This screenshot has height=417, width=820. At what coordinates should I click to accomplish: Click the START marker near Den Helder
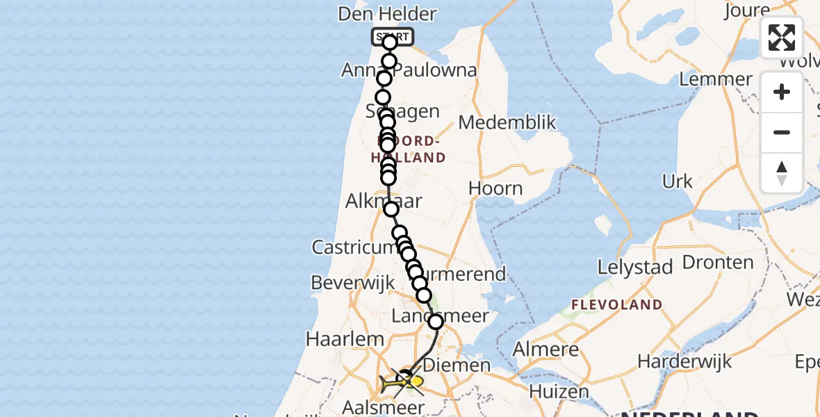[x=393, y=36]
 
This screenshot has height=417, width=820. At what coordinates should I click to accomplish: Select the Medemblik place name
[x=507, y=123]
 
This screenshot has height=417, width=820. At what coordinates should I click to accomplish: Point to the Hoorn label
[x=495, y=188]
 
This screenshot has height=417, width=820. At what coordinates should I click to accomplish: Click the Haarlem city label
[x=345, y=339]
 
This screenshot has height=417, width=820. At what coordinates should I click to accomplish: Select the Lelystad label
[x=635, y=268]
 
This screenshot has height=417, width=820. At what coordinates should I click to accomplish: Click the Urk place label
[x=678, y=182]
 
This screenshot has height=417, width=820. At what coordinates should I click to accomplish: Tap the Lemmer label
[x=716, y=79]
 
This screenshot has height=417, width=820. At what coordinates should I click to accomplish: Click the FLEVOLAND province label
[x=616, y=304]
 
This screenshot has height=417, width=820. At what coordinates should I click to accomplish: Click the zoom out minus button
[x=782, y=133]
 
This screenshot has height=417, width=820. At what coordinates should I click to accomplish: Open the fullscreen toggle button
[x=782, y=38]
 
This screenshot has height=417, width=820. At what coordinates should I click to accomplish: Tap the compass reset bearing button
[x=782, y=173]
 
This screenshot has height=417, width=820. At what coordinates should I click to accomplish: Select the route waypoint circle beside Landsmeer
[x=436, y=321]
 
